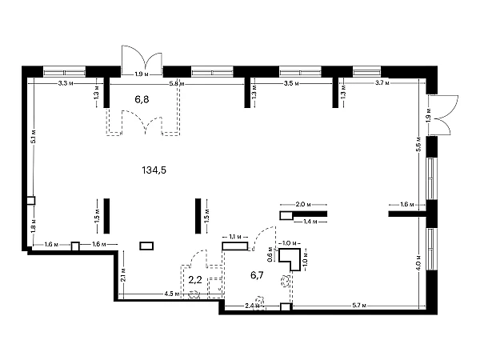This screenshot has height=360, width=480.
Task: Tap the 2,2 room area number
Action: click(x=194, y=280)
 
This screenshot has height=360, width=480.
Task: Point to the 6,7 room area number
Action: click(x=257, y=275)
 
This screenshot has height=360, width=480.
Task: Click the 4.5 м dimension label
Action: click(x=170, y=294)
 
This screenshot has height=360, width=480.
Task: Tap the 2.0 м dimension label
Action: click(x=302, y=206)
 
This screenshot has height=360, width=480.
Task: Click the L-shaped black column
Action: click(x=291, y=259)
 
